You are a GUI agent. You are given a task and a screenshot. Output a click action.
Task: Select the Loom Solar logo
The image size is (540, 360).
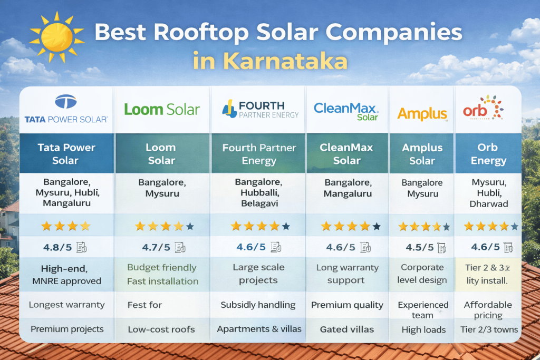162,110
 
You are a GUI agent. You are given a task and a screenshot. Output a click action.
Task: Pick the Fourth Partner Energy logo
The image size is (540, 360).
261,110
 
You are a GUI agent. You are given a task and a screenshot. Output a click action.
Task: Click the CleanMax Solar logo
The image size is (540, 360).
346,111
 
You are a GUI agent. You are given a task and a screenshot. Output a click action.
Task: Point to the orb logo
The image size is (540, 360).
483,109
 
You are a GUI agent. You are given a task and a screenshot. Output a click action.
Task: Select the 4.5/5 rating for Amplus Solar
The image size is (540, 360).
420,247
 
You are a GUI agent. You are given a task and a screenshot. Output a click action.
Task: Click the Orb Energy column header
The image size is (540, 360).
488,154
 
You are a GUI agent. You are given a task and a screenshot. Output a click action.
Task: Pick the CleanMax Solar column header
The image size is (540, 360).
346,154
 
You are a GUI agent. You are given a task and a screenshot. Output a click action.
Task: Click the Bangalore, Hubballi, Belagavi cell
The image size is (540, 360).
259,193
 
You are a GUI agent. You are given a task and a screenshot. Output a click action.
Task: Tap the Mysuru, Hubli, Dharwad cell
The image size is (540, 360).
488,193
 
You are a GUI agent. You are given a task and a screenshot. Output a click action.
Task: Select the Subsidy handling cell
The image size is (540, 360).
258,305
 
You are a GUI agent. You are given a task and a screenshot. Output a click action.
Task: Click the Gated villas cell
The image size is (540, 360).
346,329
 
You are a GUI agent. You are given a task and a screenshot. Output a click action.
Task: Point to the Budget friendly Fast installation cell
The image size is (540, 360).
162,274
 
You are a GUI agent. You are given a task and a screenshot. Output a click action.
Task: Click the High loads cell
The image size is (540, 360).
422,330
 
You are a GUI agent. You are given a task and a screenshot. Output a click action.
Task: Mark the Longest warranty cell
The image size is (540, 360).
66,305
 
